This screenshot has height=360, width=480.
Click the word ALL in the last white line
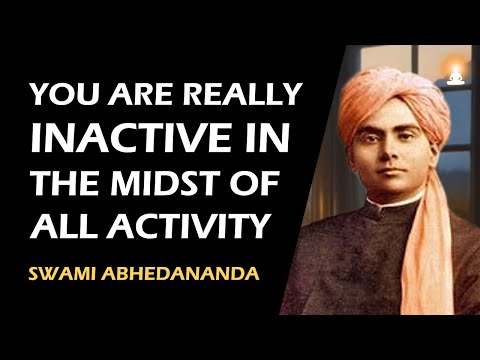point(61,225)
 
